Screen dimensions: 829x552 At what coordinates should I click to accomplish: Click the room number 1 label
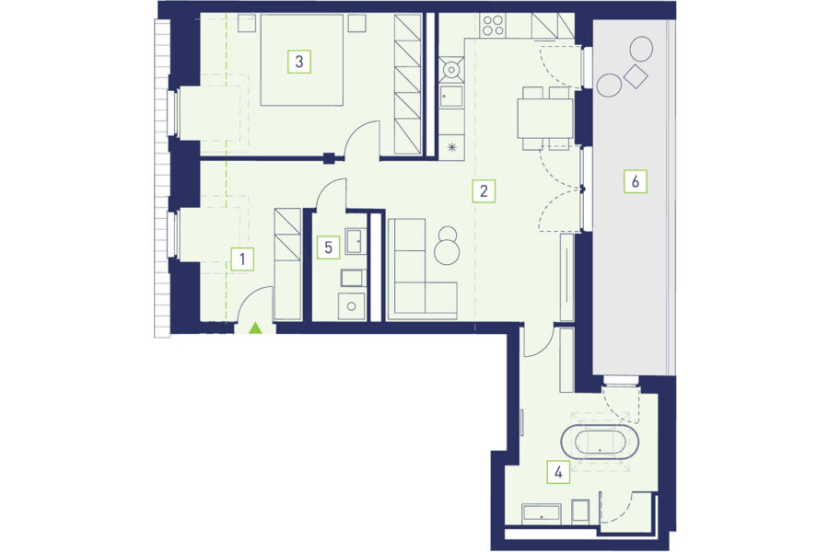tap(242, 259)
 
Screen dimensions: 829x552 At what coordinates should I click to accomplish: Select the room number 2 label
tap(484, 190)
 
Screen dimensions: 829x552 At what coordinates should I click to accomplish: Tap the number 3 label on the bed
tap(299, 62)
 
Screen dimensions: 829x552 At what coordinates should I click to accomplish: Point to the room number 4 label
tap(558, 472)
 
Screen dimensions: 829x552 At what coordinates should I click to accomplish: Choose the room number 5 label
tap(328, 247)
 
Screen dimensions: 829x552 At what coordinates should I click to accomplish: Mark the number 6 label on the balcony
tap(635, 182)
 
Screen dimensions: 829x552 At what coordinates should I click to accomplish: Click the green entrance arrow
tap(255, 328)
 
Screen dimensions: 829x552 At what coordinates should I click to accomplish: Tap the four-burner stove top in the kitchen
tap(494, 25)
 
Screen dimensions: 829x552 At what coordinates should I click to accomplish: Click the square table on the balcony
tap(636, 76)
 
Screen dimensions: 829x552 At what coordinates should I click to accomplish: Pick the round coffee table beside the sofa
tap(448, 251)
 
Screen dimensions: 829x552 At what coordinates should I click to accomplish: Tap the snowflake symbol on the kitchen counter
tap(452, 147)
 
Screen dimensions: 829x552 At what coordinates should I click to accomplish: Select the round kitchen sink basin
tap(451, 69)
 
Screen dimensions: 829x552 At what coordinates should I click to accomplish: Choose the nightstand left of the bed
tap(246, 23)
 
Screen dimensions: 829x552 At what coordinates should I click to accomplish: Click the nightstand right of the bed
tap(356, 23)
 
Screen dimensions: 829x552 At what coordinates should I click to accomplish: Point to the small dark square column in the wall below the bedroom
tap(330, 157)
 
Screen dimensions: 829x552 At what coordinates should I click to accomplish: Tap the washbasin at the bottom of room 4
tap(541, 514)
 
